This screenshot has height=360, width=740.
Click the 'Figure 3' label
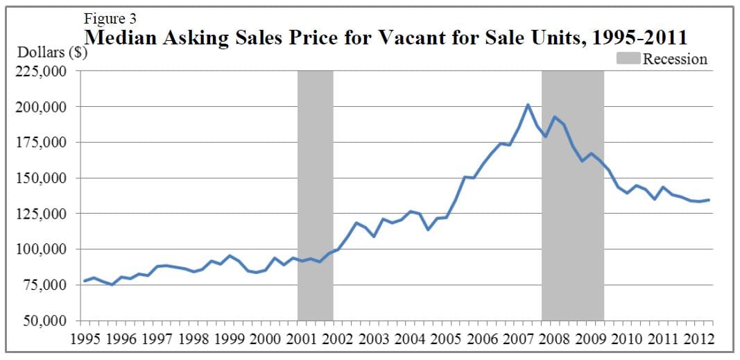(x=110, y=19)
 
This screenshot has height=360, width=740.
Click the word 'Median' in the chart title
(x=123, y=37)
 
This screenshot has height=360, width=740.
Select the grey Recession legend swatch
(x=628, y=59)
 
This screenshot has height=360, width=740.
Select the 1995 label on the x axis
(x=86, y=339)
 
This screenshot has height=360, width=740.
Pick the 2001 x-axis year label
(x=300, y=339)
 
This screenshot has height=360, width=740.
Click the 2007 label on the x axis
(x=513, y=339)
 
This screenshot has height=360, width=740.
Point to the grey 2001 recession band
(x=315, y=194)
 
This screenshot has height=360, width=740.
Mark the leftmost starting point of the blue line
(x=85, y=281)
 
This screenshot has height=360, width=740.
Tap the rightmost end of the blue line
(x=709, y=200)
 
